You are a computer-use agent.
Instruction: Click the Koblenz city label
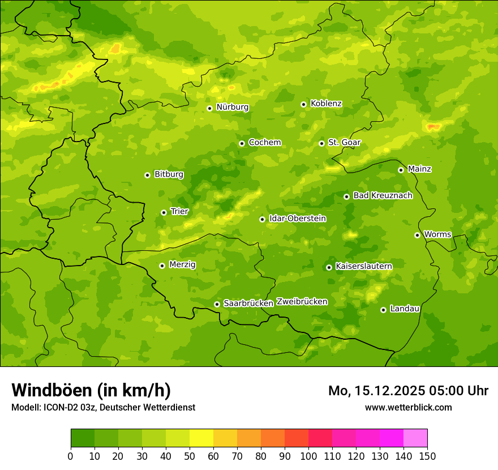(326, 104)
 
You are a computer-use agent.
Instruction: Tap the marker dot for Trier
(164, 212)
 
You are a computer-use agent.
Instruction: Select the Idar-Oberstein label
(297, 219)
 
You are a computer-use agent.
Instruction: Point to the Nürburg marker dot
(209, 108)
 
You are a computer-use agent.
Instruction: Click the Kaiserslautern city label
(363, 266)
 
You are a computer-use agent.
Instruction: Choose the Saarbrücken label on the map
(248, 304)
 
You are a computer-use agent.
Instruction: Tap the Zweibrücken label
(302, 302)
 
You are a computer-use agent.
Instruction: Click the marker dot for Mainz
(401, 170)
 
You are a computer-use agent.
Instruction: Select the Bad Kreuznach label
(383, 195)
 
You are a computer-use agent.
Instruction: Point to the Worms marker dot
(417, 235)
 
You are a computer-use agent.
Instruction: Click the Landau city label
(405, 309)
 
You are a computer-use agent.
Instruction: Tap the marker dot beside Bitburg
(147, 175)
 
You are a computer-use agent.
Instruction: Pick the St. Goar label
(344, 143)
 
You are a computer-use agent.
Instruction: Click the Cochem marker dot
(242, 143)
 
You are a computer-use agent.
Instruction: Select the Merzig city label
(182, 264)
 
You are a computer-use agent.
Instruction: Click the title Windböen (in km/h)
(91, 390)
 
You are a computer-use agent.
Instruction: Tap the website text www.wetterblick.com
(408, 407)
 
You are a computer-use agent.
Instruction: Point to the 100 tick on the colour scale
(308, 456)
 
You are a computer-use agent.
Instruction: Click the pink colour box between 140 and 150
(415, 438)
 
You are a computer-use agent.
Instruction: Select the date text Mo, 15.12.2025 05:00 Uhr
(408, 391)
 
